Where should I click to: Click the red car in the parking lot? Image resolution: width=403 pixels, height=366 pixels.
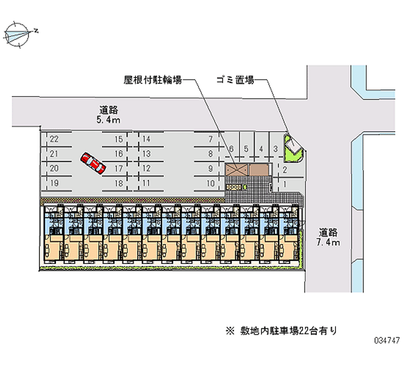(93, 163)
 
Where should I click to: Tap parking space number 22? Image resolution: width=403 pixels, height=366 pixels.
(54, 139)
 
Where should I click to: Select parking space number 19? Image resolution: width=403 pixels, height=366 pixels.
(54, 183)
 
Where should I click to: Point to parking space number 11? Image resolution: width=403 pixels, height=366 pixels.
(146, 183)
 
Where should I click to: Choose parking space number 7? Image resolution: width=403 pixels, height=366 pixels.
(211, 139)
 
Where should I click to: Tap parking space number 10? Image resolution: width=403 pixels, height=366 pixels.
(211, 183)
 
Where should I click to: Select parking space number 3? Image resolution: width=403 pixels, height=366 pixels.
(276, 149)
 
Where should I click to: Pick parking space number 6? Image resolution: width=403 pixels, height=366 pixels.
(231, 149)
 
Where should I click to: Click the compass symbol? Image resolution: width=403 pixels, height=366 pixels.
(19, 34)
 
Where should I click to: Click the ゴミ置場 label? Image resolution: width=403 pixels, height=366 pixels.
(234, 79)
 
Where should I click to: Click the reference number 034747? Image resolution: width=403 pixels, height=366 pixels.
(384, 354)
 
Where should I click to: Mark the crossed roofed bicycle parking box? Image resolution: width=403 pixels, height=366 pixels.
(237, 170)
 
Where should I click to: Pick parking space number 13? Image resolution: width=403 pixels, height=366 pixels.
(146, 154)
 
